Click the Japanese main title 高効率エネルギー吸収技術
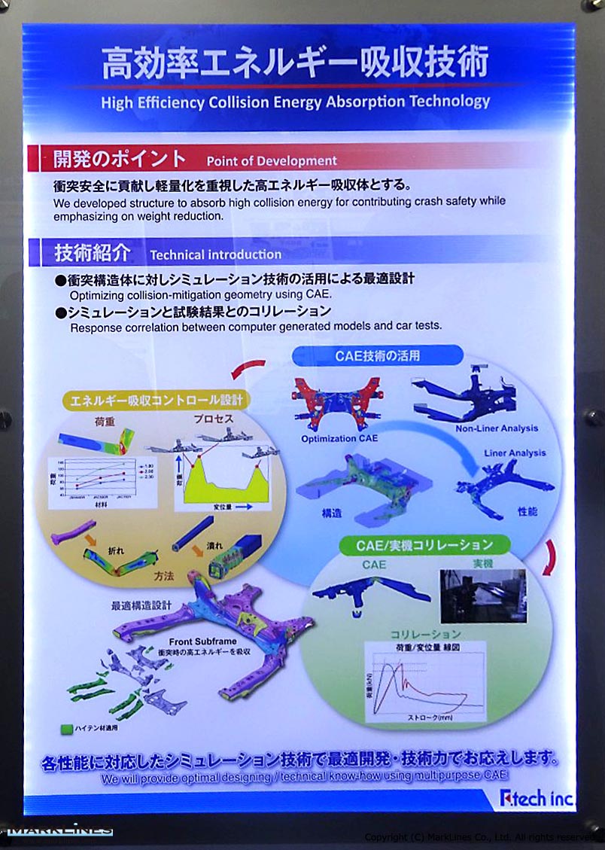click(x=295, y=62)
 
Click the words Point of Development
click(x=272, y=160)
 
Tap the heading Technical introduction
click(x=215, y=254)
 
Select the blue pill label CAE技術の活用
click(x=377, y=355)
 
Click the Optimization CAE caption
click(x=339, y=438)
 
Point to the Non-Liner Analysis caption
click(x=497, y=428)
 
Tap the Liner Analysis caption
click(x=515, y=453)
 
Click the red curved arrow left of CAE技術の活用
click(x=248, y=368)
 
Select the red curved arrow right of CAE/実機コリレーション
click(x=552, y=558)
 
